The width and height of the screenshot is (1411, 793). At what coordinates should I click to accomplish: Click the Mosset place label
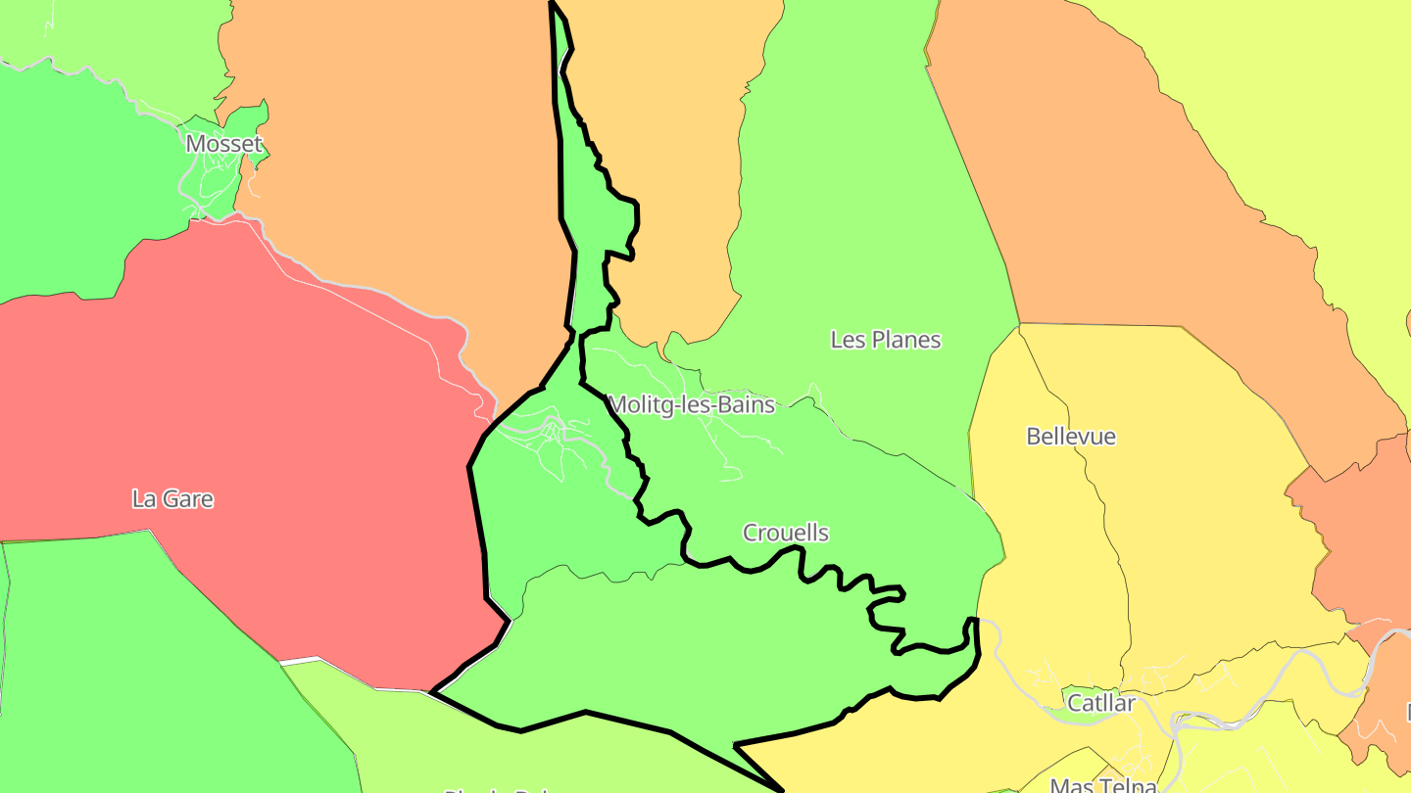[x=224, y=144]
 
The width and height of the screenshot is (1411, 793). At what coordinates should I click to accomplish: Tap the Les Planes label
[x=885, y=340]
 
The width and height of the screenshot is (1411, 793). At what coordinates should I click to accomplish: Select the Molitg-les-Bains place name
[x=691, y=404]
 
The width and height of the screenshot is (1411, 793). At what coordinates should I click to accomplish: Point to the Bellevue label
[x=1070, y=436]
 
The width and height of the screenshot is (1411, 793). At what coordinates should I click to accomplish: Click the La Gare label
[x=172, y=498]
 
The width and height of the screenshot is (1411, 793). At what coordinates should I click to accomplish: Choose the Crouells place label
[x=785, y=533]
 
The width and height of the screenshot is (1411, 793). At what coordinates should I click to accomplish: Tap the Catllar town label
[x=1100, y=703]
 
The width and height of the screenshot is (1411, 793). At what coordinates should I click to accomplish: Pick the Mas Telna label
[x=1102, y=785]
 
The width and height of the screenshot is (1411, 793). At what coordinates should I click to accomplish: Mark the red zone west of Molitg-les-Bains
[x=245, y=411]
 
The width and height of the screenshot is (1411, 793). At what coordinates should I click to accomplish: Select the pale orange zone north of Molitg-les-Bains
[x=666, y=147]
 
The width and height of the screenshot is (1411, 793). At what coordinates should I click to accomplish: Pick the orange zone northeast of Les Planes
[x=1127, y=196]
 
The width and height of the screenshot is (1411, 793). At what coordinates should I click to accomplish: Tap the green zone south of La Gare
[x=147, y=666]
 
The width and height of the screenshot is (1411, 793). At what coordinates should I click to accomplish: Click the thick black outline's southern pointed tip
[x=781, y=789]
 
